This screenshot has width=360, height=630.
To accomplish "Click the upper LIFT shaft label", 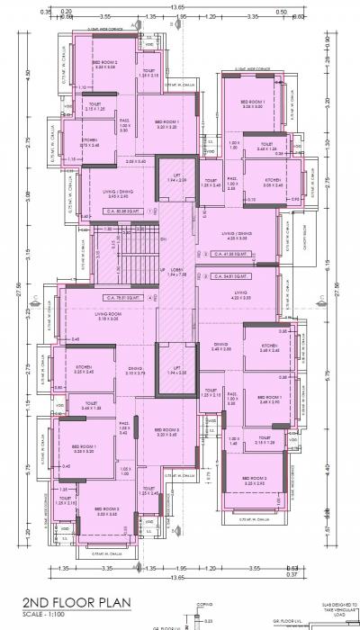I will [176, 178].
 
